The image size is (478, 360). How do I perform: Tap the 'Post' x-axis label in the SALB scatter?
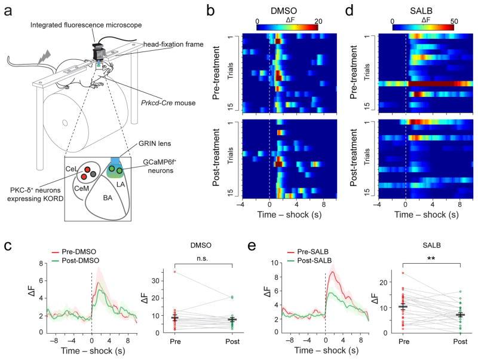(459, 341)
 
